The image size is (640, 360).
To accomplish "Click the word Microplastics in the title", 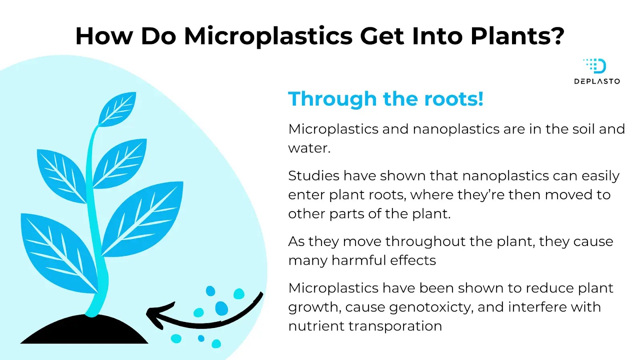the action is point(268,36).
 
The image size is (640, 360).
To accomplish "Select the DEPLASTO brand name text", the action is point(597,82).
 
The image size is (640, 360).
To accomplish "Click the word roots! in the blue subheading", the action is point(454,99).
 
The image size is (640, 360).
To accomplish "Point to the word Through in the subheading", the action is point(332,99).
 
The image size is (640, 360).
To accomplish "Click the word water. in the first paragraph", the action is point(309,148).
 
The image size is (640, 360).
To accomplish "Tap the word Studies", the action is point(314,176).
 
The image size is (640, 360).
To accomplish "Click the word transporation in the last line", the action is point(395,326).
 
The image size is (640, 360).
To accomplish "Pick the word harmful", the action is point(358,260).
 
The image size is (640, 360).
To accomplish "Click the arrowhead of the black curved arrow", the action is point(158,315).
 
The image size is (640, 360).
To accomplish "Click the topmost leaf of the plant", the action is point(118,109).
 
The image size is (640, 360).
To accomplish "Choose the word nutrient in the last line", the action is point(316,326).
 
